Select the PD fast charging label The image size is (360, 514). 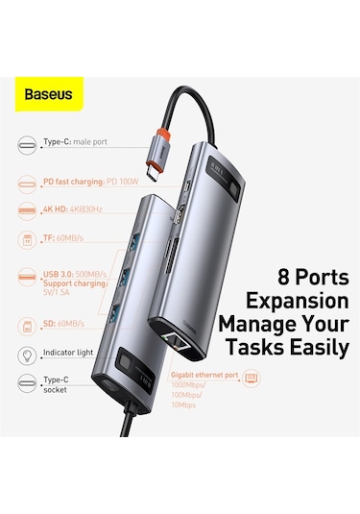coord(87,179)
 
